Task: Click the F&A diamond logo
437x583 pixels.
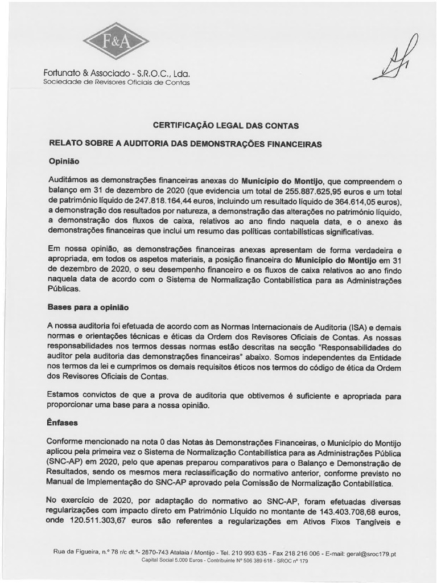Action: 116,42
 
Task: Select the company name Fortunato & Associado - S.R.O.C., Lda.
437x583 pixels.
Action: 116,74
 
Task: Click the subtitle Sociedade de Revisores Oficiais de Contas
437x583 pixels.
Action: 117,83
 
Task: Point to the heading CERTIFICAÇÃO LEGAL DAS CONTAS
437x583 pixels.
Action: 218,125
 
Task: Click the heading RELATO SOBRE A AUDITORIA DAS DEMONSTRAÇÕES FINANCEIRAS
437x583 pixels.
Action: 185,144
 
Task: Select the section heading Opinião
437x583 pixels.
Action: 63,161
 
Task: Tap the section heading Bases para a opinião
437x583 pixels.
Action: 88,307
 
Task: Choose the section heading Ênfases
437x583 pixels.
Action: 63,424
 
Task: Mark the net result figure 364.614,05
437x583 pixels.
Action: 352,202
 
